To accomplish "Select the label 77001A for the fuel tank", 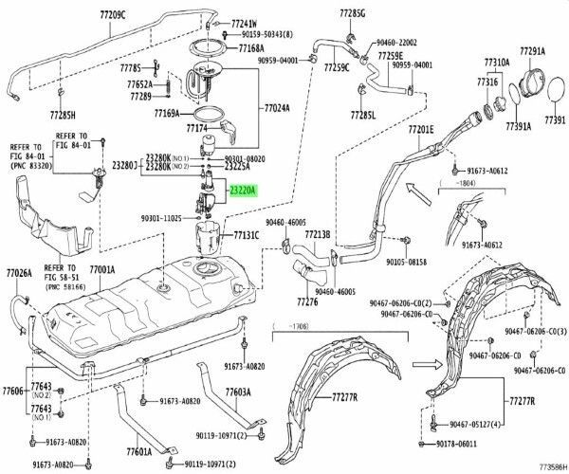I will coord(105,270).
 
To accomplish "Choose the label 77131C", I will coord(247,233).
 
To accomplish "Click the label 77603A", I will coord(238,392).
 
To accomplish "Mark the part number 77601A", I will coord(139,452).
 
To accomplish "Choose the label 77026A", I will coord(18,273).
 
